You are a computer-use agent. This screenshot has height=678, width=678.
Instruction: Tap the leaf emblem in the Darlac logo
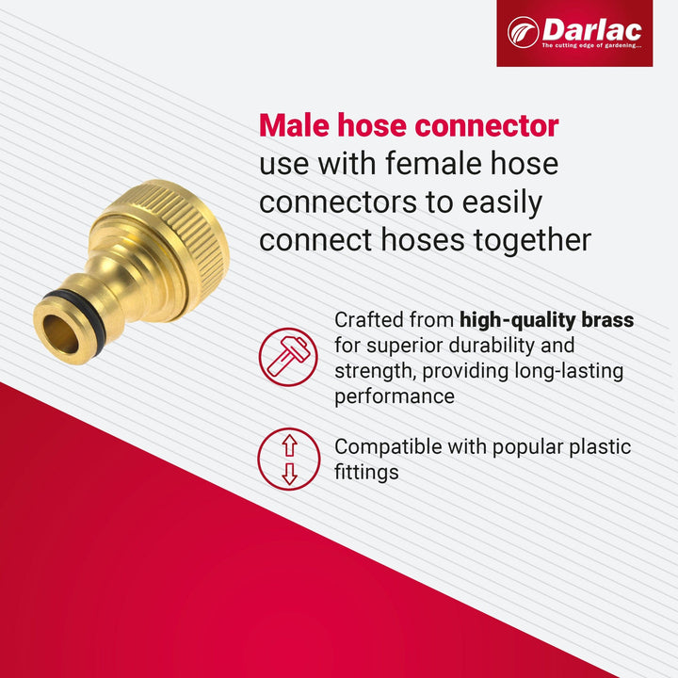coord(523,32)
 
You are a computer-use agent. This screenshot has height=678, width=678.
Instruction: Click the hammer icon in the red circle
coord(288,357)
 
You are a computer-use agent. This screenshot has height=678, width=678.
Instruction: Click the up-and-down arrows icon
coord(288,459)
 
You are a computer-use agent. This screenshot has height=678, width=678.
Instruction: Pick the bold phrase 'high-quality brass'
coord(546,320)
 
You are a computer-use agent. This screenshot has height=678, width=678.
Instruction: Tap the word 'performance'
coord(395,396)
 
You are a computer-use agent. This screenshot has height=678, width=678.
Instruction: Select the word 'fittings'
coord(366,472)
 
